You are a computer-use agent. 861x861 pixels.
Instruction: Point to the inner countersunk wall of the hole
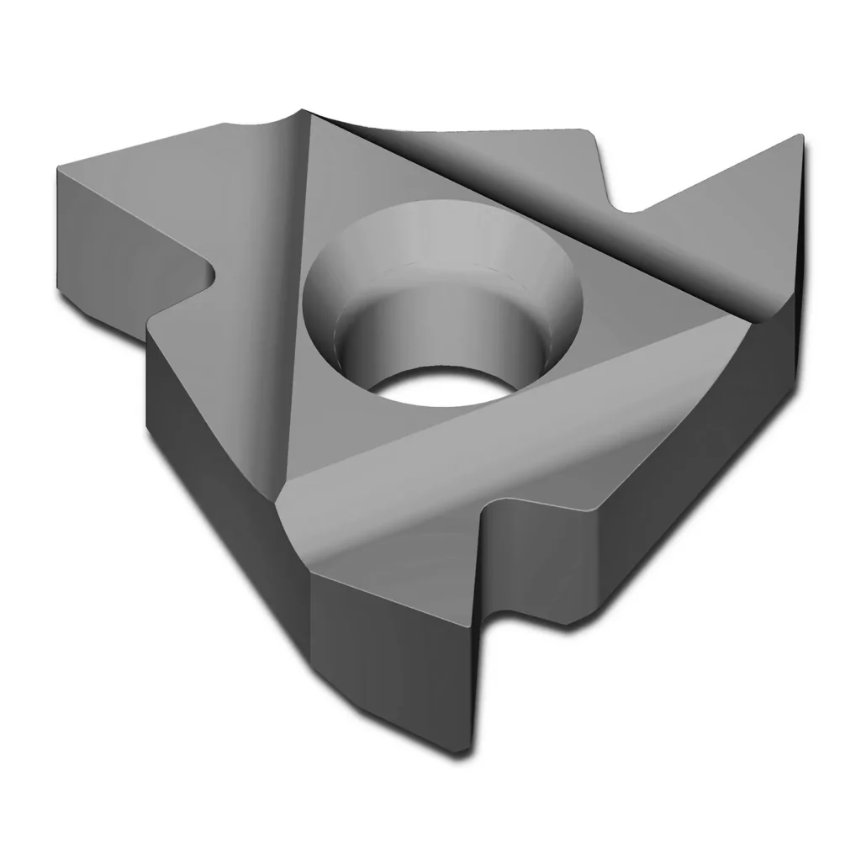pos(370,336)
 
